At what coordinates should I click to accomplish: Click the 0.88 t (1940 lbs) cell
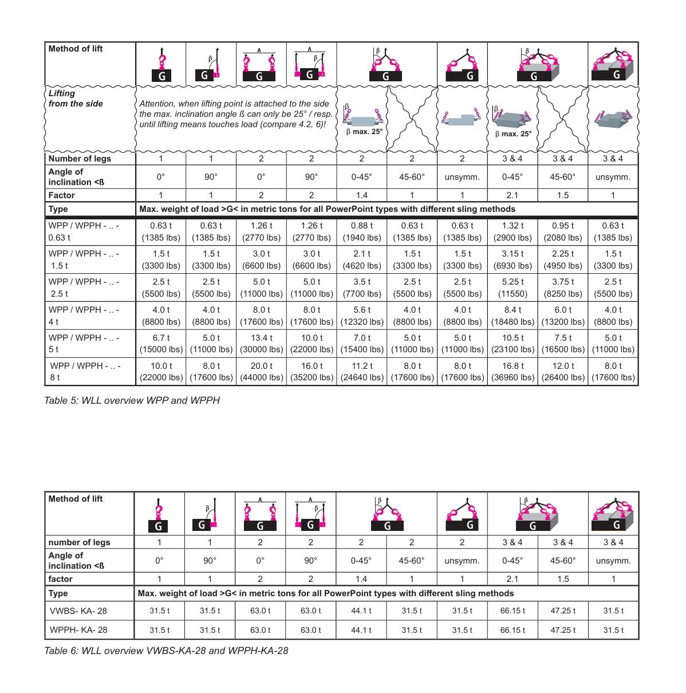[x=362, y=231]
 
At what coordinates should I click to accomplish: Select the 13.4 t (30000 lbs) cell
[x=261, y=344]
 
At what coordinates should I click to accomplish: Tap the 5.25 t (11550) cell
[x=512, y=288]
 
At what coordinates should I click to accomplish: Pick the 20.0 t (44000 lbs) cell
[x=261, y=372]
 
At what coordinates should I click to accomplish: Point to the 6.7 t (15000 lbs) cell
[x=161, y=344]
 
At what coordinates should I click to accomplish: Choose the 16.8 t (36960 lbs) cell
[x=512, y=372]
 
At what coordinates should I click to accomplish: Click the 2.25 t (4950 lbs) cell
[x=563, y=259]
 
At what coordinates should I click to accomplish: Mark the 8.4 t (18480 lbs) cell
[x=512, y=316]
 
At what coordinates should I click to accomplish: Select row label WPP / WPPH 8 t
[x=85, y=372]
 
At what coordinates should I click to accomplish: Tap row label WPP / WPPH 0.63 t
[x=84, y=231]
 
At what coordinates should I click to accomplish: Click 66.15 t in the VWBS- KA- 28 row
[x=512, y=611]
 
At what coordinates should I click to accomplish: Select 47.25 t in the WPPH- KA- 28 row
[x=563, y=630]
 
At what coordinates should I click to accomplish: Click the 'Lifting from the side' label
[x=68, y=99]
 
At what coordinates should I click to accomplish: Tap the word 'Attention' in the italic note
[x=157, y=104]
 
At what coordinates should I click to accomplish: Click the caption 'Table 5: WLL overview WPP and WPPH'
[x=132, y=400]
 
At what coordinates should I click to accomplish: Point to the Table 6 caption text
[x=166, y=651]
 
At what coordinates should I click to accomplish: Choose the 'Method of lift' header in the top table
[x=76, y=49]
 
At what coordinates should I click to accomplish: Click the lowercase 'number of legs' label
[x=79, y=542]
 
